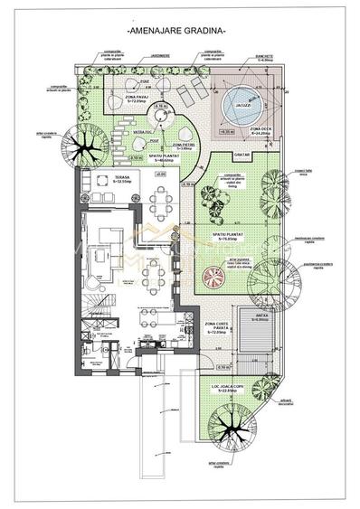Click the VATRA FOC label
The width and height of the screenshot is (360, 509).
pyautogui.click(x=143, y=132)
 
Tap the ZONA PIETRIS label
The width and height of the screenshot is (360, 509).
pyautogui.click(x=184, y=145)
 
